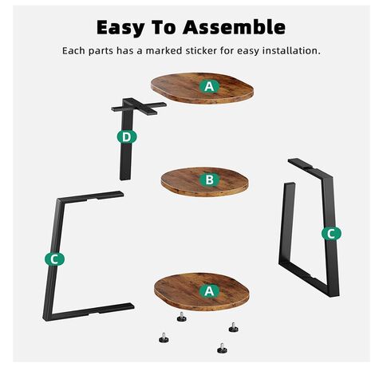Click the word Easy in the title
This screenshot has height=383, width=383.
[x=120, y=28]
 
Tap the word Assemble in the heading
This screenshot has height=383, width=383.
[x=234, y=27]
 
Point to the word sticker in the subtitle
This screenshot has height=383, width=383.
[x=201, y=50]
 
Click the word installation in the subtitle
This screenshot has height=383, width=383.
[x=291, y=50]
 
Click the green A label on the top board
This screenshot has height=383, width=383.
[x=209, y=86]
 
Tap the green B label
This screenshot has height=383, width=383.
[x=210, y=180]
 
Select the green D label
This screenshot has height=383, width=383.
[x=127, y=137]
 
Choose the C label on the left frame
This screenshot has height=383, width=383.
[x=54, y=259]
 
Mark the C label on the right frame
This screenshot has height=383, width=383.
[x=331, y=234]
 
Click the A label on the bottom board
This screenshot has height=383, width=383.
[x=209, y=291]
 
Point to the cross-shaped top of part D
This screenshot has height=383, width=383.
[x=139, y=106]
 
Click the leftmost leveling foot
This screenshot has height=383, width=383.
[x=164, y=338]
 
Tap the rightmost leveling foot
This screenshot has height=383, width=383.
[x=234, y=327]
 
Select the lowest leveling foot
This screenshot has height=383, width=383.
[x=222, y=349]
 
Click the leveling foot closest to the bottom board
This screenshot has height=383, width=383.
[x=182, y=317]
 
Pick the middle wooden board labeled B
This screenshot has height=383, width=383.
[x=204, y=182]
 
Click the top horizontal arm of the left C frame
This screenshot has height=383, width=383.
[x=91, y=196]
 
